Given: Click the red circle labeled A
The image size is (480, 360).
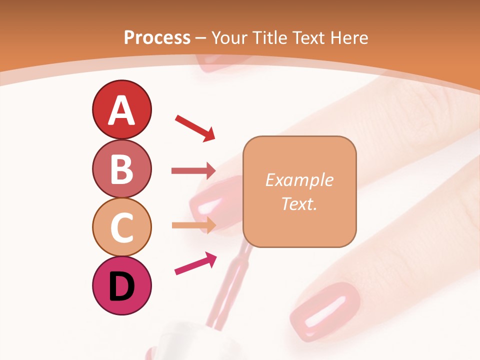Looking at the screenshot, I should tap(121, 110).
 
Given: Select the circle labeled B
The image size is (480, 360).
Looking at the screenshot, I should tap(121, 169).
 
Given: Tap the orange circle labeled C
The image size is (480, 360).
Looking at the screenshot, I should tap(121, 227).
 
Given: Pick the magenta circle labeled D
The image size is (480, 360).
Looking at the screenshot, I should tap(121, 285).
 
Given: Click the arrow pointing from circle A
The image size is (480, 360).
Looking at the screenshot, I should tap(195, 127).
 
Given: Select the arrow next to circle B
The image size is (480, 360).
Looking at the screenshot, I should tap(193, 171).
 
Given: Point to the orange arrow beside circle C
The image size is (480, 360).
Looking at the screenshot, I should tap(193, 225).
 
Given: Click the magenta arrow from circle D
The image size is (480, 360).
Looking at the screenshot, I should tap(195, 263).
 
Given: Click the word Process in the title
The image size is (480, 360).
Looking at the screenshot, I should tap(157, 37).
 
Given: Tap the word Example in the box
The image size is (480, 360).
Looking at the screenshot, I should tap(299, 180).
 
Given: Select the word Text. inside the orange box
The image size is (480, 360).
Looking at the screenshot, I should tap(299, 203).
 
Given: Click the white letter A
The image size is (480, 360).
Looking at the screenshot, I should tap(121, 110).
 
